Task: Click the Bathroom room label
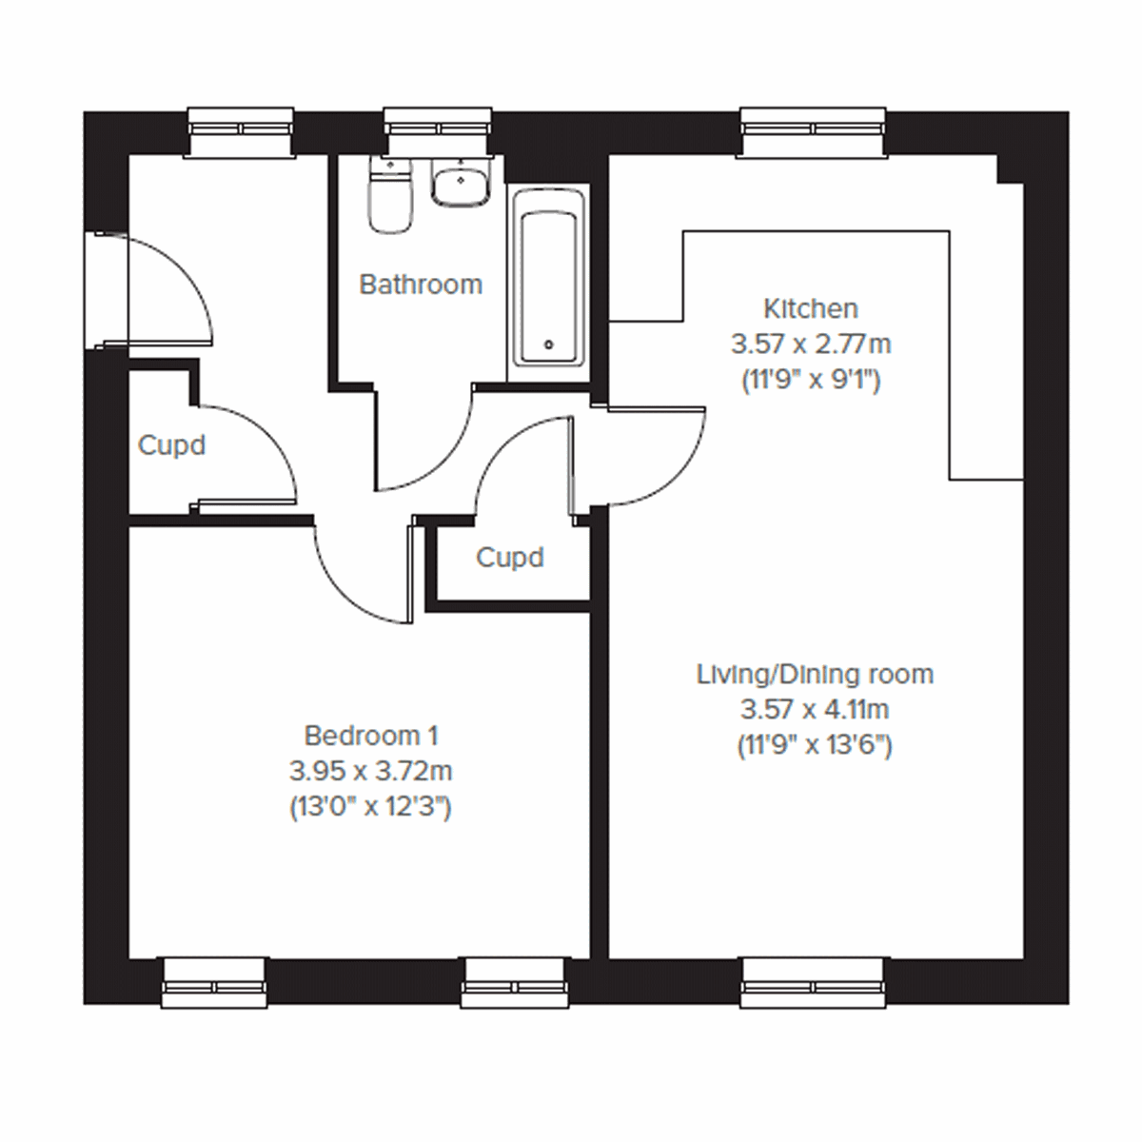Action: point(421,285)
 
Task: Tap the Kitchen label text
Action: point(811,308)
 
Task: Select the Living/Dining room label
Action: point(815,675)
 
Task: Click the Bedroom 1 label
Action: point(370,736)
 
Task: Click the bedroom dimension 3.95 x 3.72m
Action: point(370,771)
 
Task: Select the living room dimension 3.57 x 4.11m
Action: point(815,710)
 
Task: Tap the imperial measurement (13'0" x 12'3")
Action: point(370,807)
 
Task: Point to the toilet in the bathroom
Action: point(390,197)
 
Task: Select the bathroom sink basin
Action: point(461,182)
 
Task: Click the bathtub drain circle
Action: point(547,345)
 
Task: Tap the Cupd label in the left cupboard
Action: point(171,445)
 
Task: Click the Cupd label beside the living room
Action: point(510,557)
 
